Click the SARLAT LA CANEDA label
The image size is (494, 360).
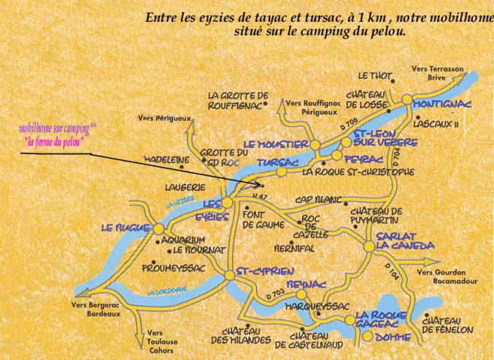pos(405,242)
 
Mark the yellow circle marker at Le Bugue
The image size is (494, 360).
pos(158,229)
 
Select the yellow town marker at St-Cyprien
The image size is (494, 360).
pos(229,274)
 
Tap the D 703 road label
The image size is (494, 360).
pos(275,294)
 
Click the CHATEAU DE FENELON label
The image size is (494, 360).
pos(448,325)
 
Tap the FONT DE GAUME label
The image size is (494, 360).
pos(258,220)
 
